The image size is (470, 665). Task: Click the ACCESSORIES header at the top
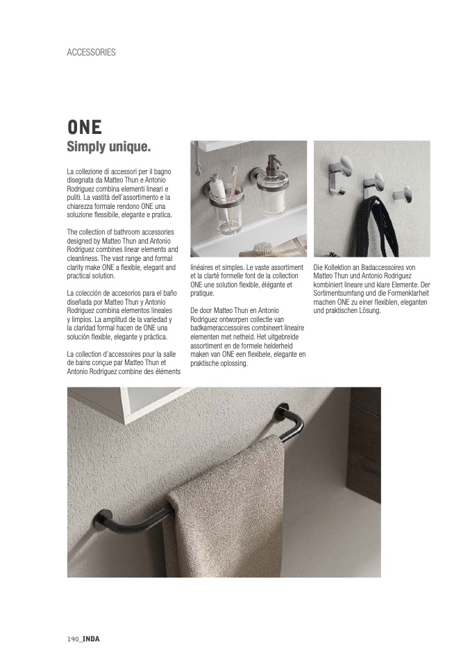(x=91, y=52)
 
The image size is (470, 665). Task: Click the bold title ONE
(x=84, y=128)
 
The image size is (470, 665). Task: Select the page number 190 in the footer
(x=73, y=639)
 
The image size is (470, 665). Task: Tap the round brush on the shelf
(x=262, y=246)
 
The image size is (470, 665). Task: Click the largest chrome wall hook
(x=343, y=168)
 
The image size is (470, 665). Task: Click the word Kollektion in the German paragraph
(x=338, y=267)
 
